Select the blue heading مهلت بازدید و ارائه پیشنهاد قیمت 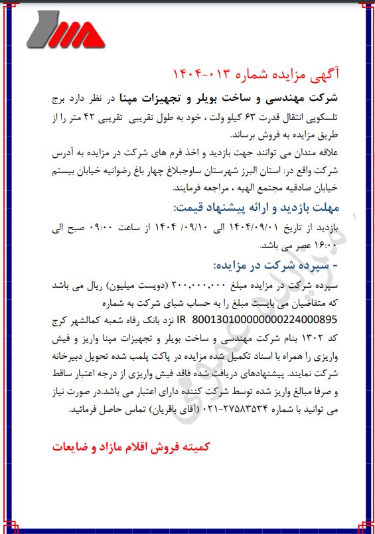(256, 206)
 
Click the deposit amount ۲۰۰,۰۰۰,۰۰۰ (200, 285)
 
